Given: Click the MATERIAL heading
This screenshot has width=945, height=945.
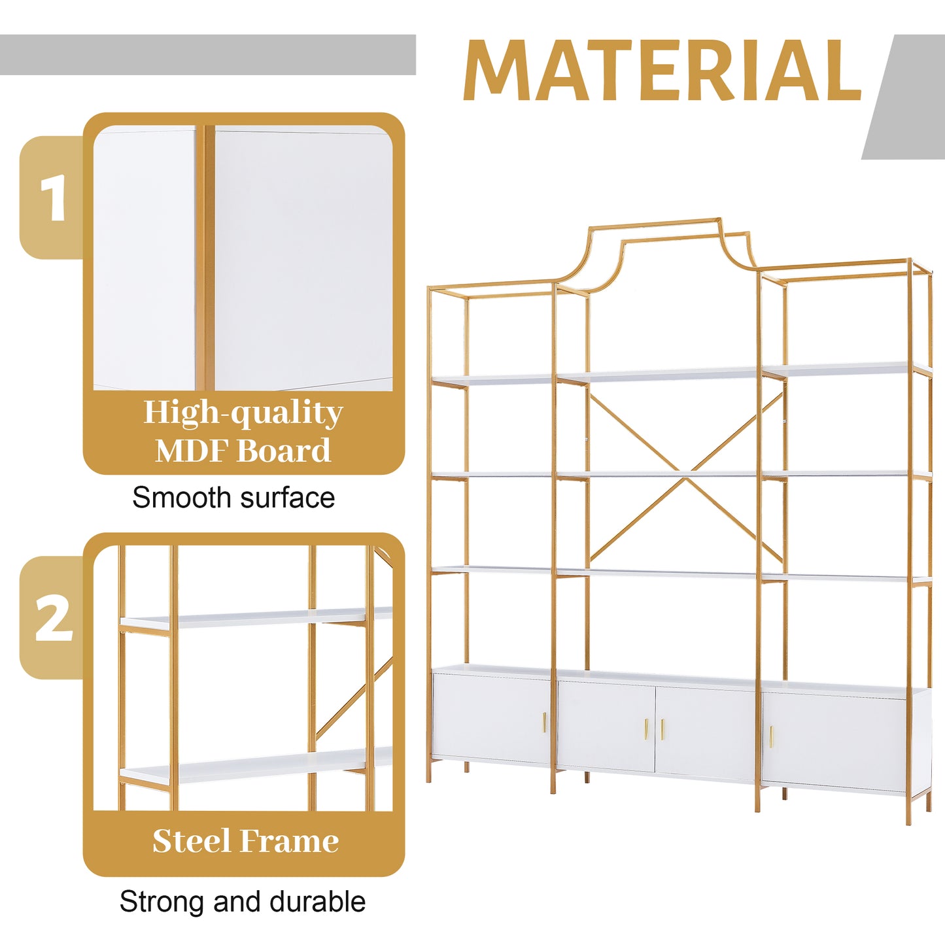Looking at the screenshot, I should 662,71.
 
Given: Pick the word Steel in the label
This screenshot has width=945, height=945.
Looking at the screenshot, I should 192,841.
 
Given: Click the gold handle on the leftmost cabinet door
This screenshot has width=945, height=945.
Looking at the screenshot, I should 544,723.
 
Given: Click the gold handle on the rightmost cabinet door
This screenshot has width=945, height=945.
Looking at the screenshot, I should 771,737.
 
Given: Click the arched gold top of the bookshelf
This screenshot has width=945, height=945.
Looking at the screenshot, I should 655,226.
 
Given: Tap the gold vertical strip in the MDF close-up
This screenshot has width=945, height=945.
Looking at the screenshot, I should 205,258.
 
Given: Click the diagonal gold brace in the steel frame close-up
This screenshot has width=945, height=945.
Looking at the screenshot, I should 353,700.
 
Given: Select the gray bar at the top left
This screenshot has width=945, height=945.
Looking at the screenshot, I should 207,55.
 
